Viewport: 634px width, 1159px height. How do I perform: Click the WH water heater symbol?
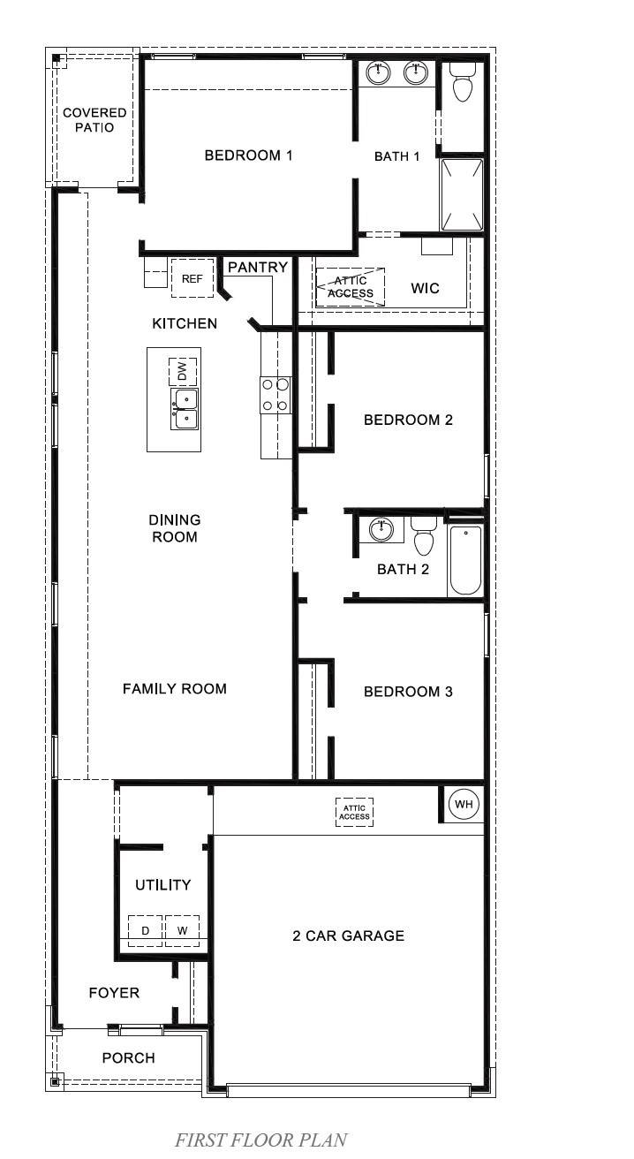pyautogui.click(x=463, y=804)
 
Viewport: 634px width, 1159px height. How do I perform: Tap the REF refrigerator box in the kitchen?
pyautogui.click(x=192, y=278)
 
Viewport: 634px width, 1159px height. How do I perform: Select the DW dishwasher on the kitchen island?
pyautogui.click(x=182, y=370)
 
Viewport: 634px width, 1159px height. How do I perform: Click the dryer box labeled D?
pyautogui.click(x=146, y=930)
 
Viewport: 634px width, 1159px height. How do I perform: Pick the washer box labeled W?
pyautogui.click(x=182, y=930)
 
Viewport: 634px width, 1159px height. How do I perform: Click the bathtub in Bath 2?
pyautogui.click(x=464, y=560)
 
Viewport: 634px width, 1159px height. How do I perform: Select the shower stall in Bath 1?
pyautogui.click(x=462, y=193)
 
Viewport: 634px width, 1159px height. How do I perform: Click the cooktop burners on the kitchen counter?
pyautogui.click(x=275, y=394)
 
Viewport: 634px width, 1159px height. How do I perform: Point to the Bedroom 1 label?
pyautogui.click(x=248, y=155)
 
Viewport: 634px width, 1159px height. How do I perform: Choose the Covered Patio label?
pyautogui.click(x=94, y=120)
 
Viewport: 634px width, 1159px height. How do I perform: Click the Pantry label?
pyautogui.click(x=258, y=267)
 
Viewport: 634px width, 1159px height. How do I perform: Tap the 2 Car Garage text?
pyautogui.click(x=348, y=936)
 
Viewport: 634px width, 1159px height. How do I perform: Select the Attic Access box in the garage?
pyautogui.click(x=354, y=811)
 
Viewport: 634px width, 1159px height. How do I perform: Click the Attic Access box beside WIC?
pyautogui.click(x=351, y=287)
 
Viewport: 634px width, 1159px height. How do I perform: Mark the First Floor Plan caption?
pyautogui.click(x=260, y=1140)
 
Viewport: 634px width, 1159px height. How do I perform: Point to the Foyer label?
pyautogui.click(x=114, y=993)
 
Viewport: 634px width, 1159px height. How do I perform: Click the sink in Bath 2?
pyautogui.click(x=381, y=529)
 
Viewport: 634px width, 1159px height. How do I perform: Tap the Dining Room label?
pyautogui.click(x=174, y=528)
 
